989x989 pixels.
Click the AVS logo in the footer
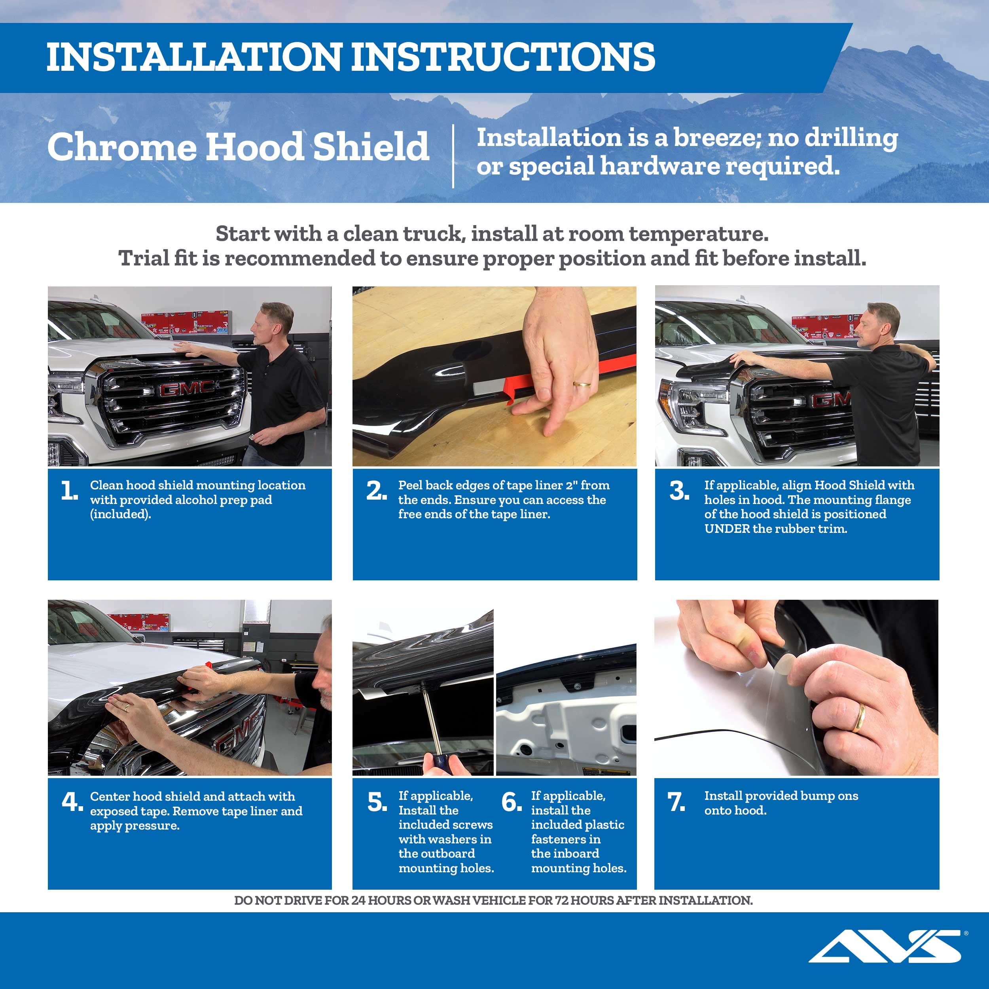click(886, 946)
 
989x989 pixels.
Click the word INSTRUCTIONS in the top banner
click(503, 57)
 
